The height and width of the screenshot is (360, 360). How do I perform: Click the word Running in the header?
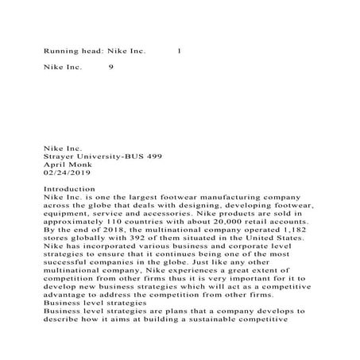click(x=59, y=52)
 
